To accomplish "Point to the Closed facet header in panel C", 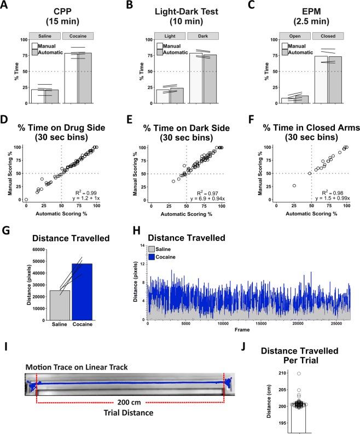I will [328, 36].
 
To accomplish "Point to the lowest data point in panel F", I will [294, 185].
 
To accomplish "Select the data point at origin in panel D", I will [26, 200].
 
